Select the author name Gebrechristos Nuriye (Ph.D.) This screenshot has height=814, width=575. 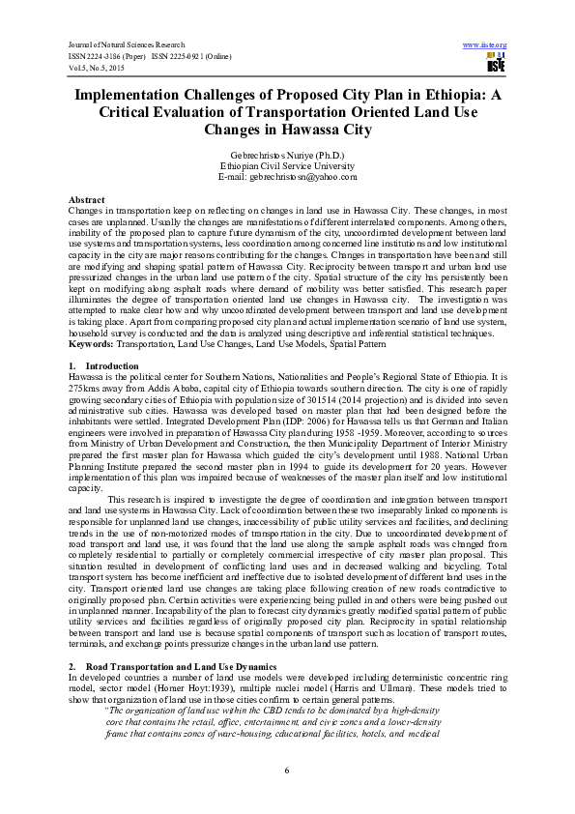288,155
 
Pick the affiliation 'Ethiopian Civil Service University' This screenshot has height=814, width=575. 288,165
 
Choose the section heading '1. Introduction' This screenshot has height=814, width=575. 105,366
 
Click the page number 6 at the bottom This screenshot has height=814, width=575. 287,769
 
